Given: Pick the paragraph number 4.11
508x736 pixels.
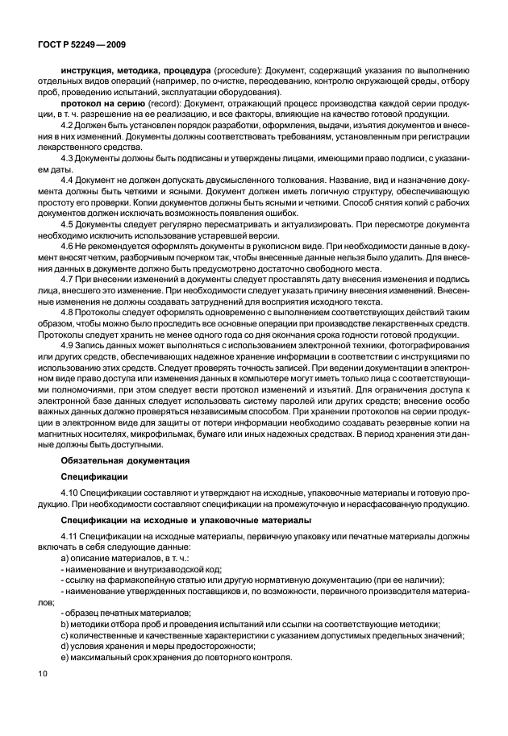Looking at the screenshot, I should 70,535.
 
